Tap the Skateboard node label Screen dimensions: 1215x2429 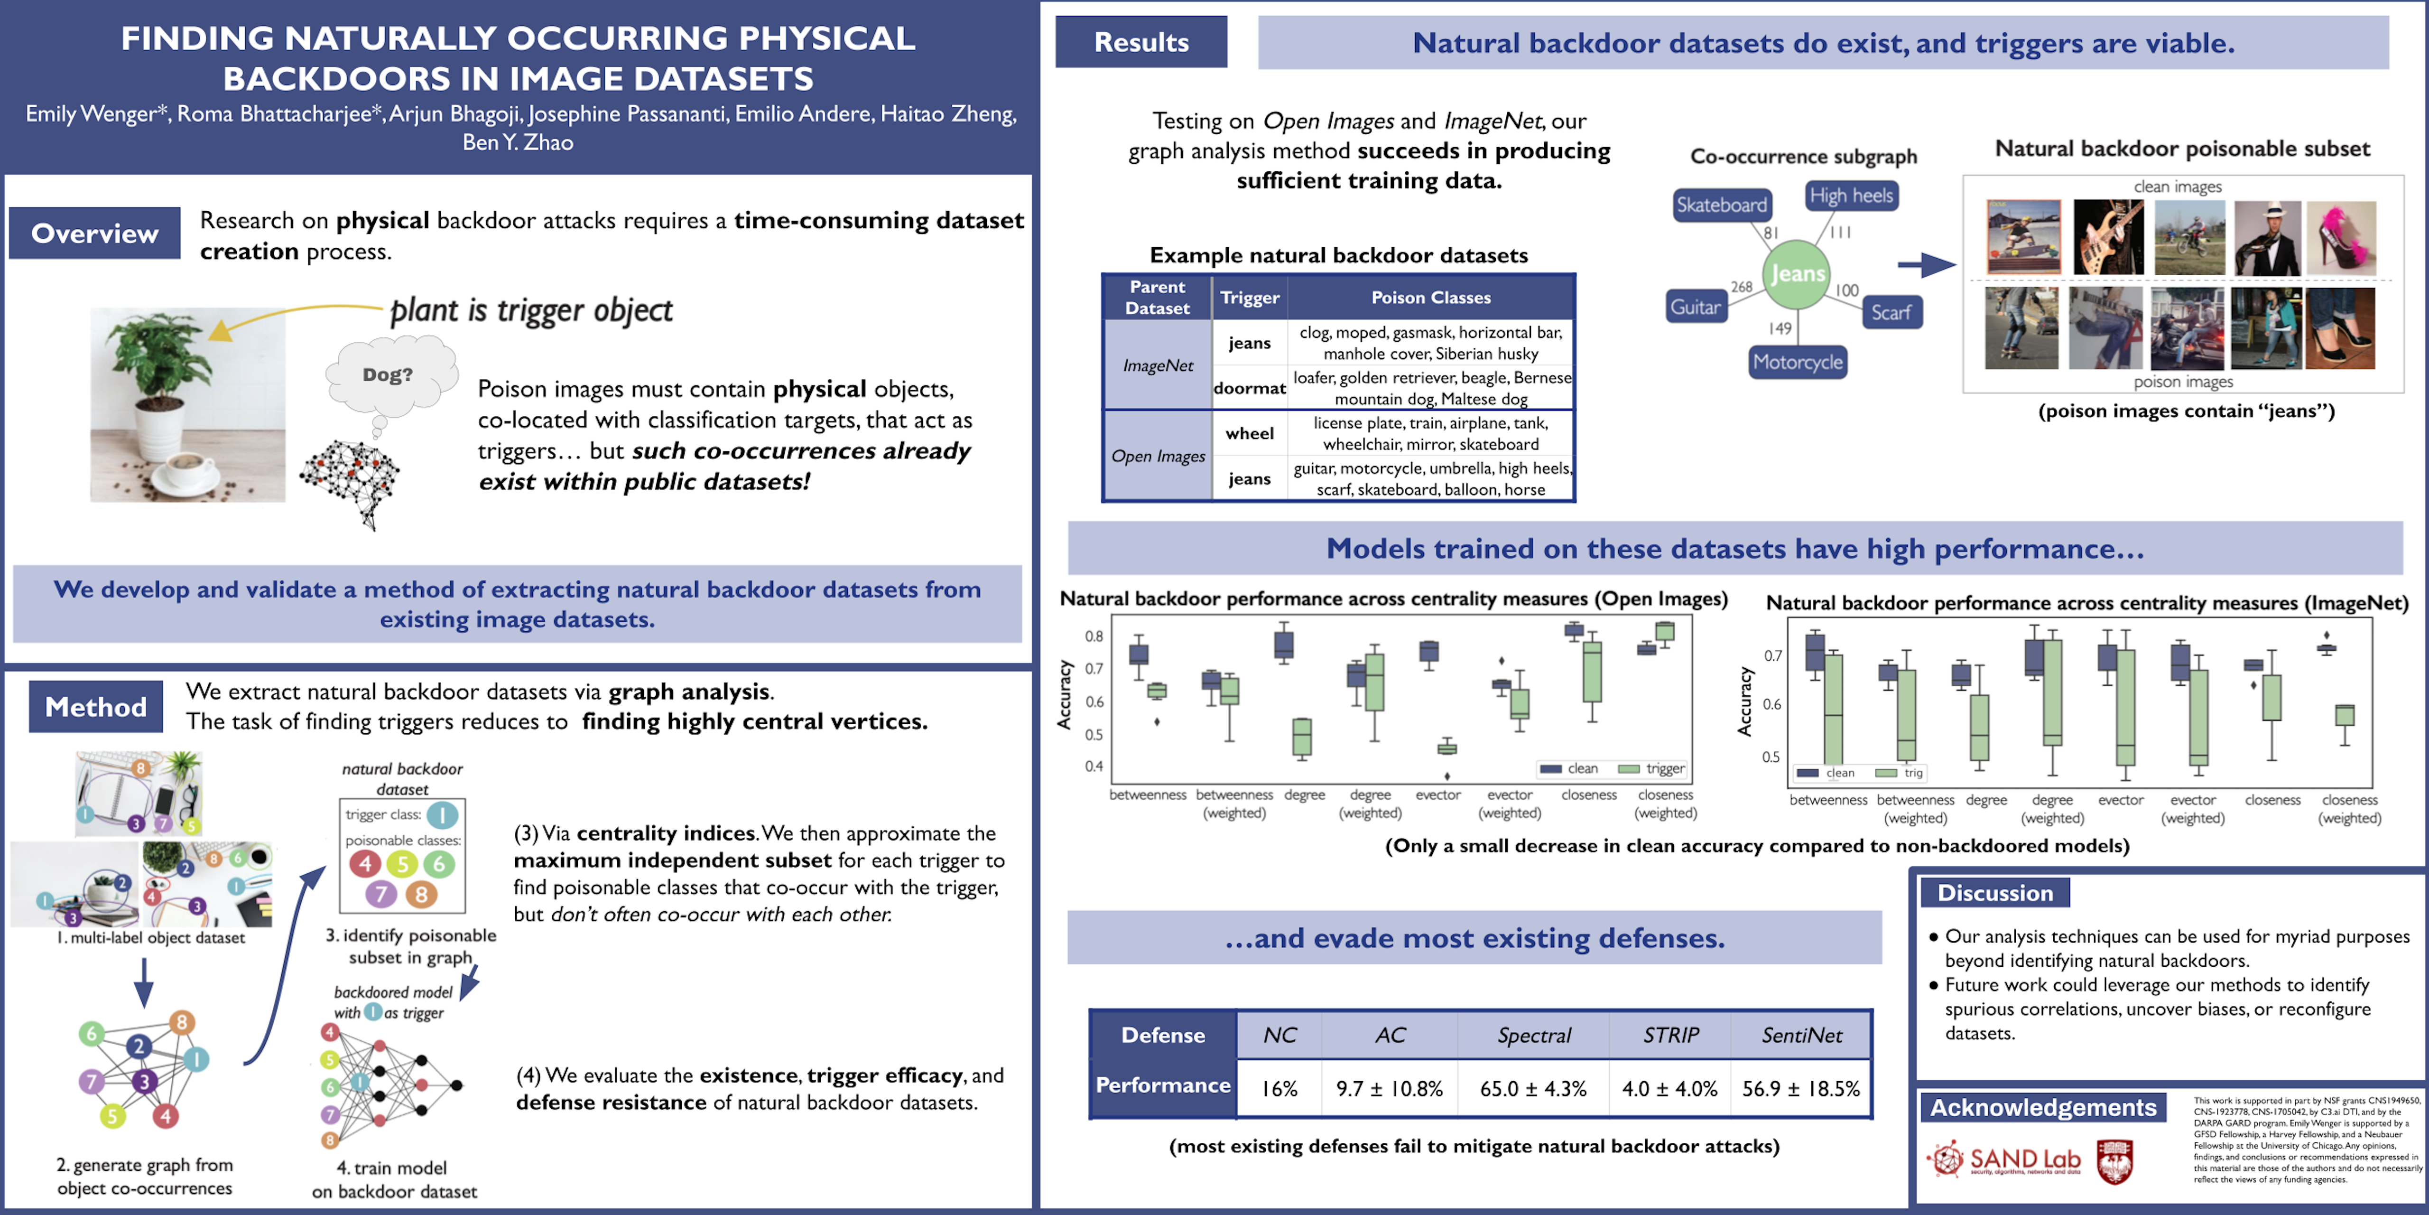point(1722,205)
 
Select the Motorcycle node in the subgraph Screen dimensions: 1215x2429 point(1797,362)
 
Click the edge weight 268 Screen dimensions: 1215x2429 point(1741,287)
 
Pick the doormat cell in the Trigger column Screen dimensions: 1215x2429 point(1250,388)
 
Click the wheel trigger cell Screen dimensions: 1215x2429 point(1250,433)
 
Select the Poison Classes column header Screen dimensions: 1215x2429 point(1430,297)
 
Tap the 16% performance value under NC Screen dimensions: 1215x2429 point(1279,1089)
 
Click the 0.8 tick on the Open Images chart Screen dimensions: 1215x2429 point(1094,636)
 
